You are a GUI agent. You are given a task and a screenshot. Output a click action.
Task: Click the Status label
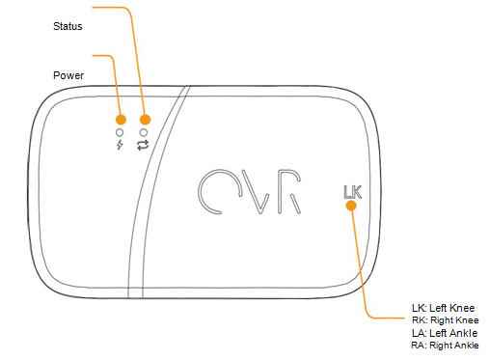(x=68, y=27)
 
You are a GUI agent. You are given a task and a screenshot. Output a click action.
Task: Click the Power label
(x=68, y=74)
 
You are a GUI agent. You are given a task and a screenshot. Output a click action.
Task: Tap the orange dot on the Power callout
(x=120, y=118)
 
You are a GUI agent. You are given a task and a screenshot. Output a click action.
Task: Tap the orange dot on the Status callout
(x=144, y=118)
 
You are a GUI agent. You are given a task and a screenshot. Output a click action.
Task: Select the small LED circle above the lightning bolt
(x=120, y=131)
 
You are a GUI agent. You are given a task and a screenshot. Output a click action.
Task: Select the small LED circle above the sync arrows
(x=144, y=131)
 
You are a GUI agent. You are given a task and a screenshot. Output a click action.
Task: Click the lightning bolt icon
(x=120, y=146)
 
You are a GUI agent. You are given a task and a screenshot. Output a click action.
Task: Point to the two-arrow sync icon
(x=144, y=146)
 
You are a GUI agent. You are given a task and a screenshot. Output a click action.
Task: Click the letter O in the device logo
(x=216, y=192)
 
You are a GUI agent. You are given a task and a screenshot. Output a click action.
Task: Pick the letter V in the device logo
(x=252, y=192)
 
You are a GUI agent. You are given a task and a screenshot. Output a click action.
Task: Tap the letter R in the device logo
(x=286, y=192)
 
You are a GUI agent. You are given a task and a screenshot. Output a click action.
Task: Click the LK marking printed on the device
(x=351, y=191)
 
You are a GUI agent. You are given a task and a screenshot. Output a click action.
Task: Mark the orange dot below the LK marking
(x=351, y=205)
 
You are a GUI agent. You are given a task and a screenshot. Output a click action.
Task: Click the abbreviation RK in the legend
(x=418, y=320)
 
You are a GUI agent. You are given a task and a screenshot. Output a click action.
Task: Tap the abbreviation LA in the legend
(x=418, y=332)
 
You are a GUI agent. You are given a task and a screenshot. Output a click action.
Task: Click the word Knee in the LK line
(x=461, y=308)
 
